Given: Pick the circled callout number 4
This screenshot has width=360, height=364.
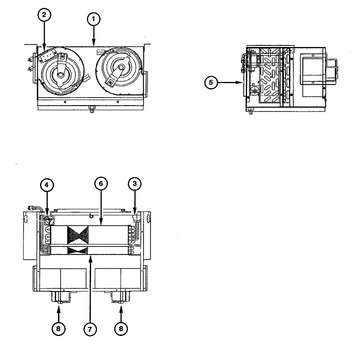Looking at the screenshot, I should (x=46, y=185).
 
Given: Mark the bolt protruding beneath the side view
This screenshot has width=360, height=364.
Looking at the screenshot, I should (x=250, y=112).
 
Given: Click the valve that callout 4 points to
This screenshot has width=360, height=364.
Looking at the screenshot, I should (x=47, y=220).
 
